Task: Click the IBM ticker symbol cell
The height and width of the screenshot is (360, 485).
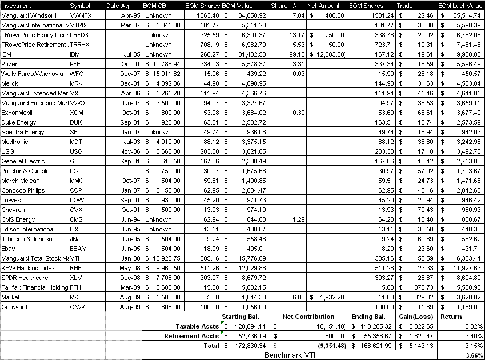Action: point(75,54)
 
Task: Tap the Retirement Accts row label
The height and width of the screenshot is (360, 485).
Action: point(197,336)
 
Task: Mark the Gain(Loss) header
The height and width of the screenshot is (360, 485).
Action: point(416,316)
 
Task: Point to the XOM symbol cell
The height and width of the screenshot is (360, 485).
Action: point(75,113)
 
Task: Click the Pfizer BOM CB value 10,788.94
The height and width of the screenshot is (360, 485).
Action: point(164,64)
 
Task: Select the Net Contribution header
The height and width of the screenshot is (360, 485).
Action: point(309,316)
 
